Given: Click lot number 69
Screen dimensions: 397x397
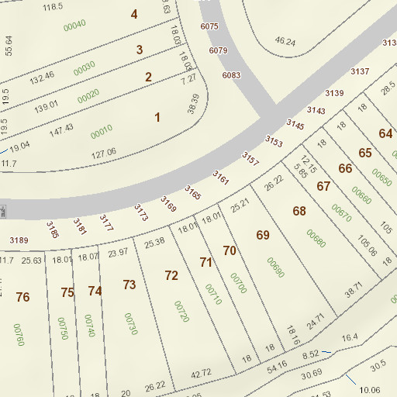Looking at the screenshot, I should [x=263, y=235].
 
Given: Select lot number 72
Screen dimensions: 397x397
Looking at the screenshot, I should [x=171, y=275].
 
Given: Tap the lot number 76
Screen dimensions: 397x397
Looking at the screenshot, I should [x=22, y=297].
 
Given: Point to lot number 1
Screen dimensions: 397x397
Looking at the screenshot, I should [x=157, y=117].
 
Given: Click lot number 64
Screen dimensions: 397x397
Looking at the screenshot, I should [x=385, y=133].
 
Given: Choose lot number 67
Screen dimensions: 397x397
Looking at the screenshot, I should [x=323, y=186].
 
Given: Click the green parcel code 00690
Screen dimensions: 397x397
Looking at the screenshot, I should [x=276, y=266].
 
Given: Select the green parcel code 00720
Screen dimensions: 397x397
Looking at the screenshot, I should [x=182, y=312].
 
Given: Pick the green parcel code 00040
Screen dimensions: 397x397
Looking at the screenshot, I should [x=74, y=26].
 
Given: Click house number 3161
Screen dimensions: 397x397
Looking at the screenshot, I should [x=221, y=179].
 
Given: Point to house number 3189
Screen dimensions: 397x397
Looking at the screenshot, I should [x=19, y=240].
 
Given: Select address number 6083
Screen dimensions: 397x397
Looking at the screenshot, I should [x=231, y=75].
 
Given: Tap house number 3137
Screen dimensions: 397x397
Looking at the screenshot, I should [x=360, y=72].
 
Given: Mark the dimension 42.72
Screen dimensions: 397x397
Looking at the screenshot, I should [x=201, y=373].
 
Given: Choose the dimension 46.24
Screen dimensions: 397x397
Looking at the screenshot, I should [x=285, y=41].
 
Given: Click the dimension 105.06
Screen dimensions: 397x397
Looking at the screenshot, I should [x=368, y=247].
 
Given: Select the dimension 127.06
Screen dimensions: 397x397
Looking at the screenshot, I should [x=103, y=152].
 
